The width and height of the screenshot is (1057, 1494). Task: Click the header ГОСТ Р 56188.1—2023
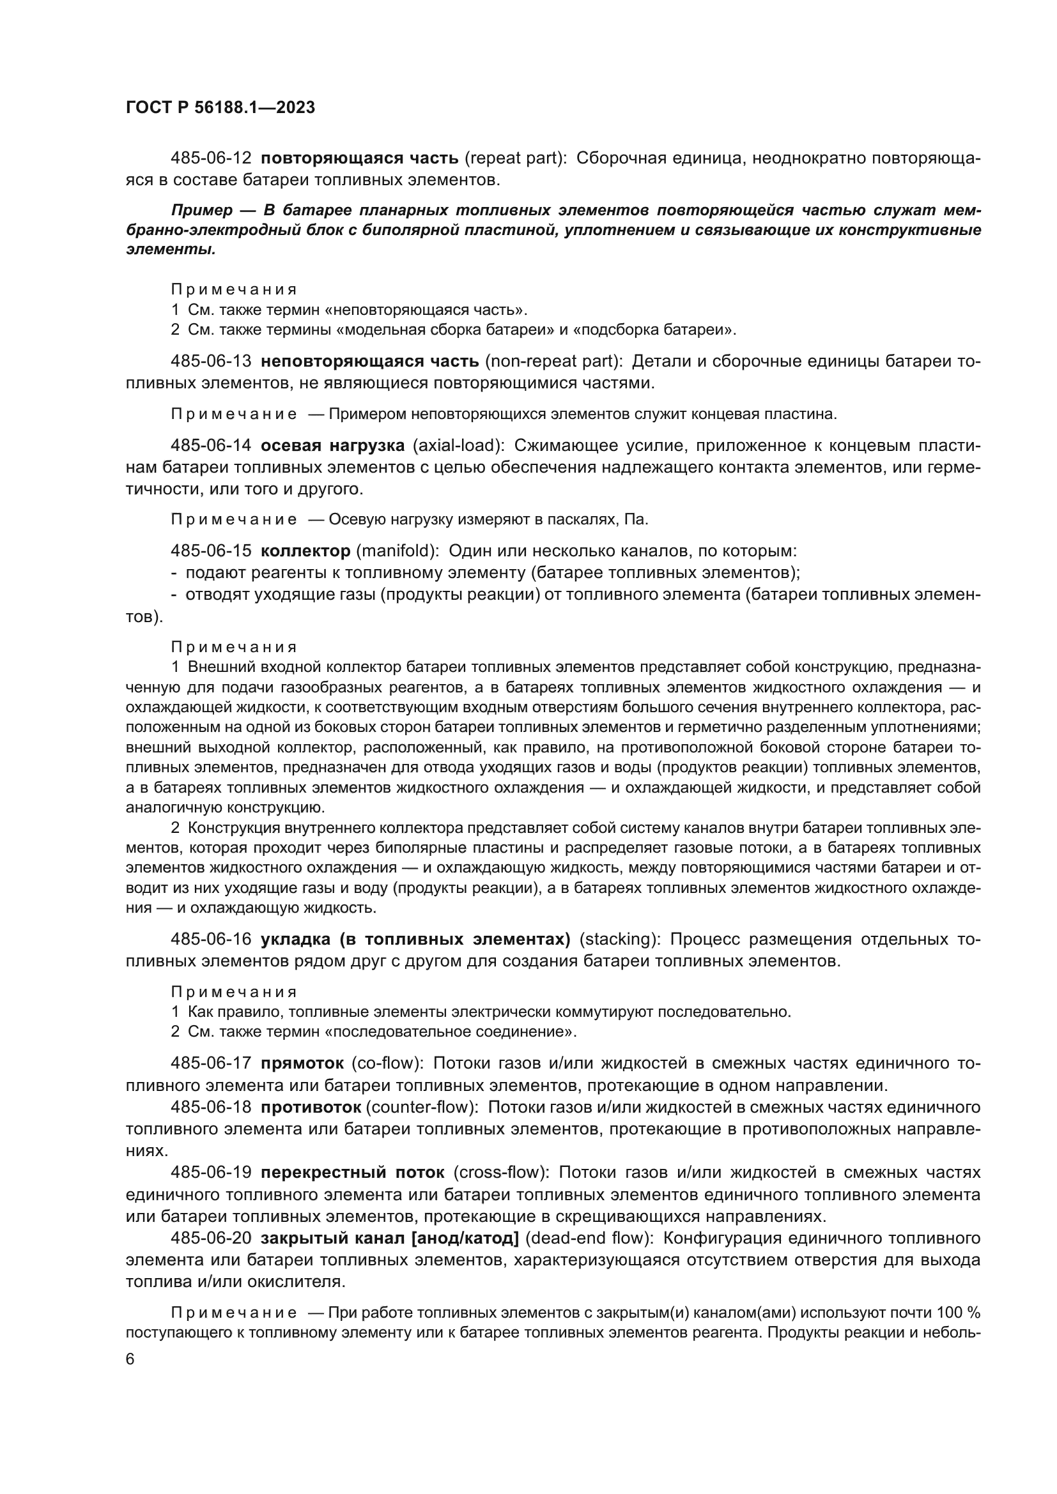pyautogui.click(x=220, y=107)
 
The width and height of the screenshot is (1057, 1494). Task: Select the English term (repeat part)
pyautogui.click(x=516, y=158)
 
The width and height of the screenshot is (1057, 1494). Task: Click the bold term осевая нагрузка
pyautogui.click(x=332, y=446)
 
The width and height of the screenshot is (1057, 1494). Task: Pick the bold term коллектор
pyautogui.click(x=305, y=551)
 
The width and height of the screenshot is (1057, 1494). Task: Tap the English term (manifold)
pyautogui.click(x=397, y=551)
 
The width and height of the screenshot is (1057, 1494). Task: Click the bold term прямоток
pyautogui.click(x=302, y=1063)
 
